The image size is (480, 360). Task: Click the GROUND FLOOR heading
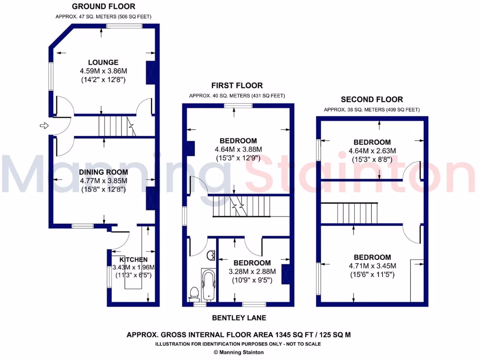coord(103,7)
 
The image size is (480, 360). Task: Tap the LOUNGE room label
coord(103,62)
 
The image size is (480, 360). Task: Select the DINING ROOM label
coord(103,172)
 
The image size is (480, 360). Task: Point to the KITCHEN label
coord(133,260)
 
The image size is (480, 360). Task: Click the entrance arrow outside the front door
coord(44,126)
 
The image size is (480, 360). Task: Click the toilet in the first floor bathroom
coord(194,294)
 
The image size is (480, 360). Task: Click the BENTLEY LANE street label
coord(239,318)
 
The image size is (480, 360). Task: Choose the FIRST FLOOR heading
coord(237,85)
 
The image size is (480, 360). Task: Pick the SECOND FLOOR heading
coord(372,99)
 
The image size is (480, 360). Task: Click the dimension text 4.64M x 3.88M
coord(239,150)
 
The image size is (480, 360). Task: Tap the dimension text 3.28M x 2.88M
coord(252,271)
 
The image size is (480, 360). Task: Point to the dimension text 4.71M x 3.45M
coord(372,266)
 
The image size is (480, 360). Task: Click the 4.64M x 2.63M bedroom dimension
coord(372,151)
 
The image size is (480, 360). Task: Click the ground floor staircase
coord(115,126)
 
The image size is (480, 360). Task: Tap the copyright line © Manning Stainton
coord(239,352)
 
